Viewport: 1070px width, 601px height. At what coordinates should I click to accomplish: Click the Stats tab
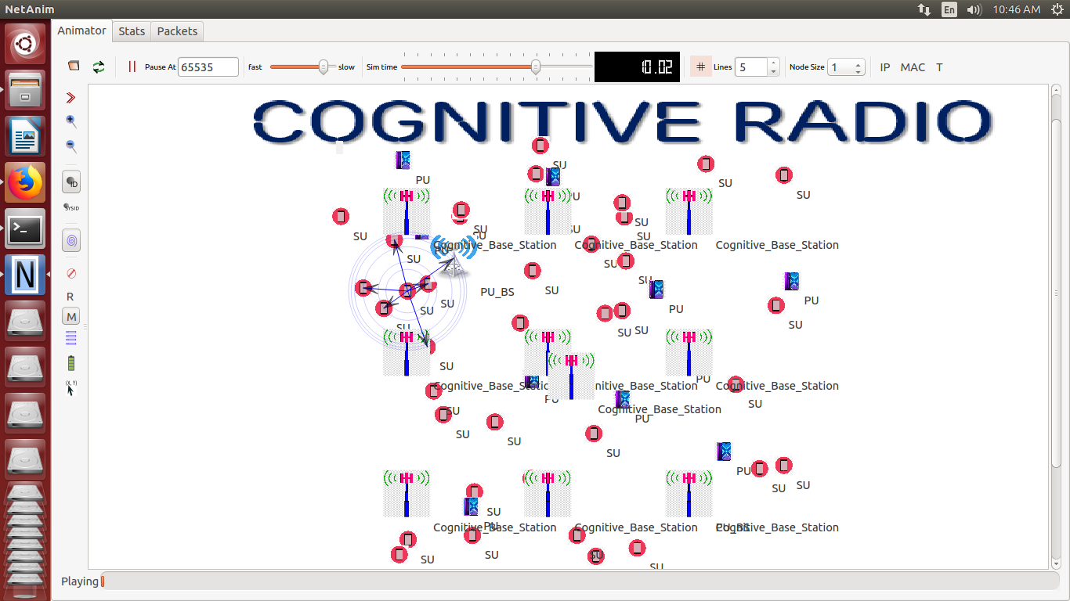(x=132, y=31)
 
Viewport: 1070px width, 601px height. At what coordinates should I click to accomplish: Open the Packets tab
(x=177, y=31)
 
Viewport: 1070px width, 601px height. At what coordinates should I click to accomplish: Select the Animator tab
(x=81, y=31)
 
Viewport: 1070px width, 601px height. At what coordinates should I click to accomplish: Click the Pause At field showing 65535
(x=208, y=67)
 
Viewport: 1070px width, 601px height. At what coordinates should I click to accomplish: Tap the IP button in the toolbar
(x=885, y=67)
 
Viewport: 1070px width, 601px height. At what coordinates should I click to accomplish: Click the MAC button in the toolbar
(x=913, y=67)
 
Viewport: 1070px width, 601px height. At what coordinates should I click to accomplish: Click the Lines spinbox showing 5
(x=752, y=67)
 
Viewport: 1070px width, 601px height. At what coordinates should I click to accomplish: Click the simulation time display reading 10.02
(x=637, y=67)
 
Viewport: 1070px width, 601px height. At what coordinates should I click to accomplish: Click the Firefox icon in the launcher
(x=25, y=183)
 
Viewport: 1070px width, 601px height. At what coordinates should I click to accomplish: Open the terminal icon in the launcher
(x=25, y=229)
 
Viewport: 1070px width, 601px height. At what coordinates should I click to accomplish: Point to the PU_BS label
(x=497, y=292)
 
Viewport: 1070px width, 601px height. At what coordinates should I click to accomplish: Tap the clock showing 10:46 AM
(x=1016, y=9)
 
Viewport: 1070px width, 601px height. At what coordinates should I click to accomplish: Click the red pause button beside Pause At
(x=132, y=67)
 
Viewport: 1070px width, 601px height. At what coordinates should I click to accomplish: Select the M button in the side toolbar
(x=71, y=317)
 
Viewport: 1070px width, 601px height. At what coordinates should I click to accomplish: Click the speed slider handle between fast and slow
(x=323, y=67)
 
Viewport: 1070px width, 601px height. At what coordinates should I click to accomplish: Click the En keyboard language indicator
(x=949, y=9)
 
